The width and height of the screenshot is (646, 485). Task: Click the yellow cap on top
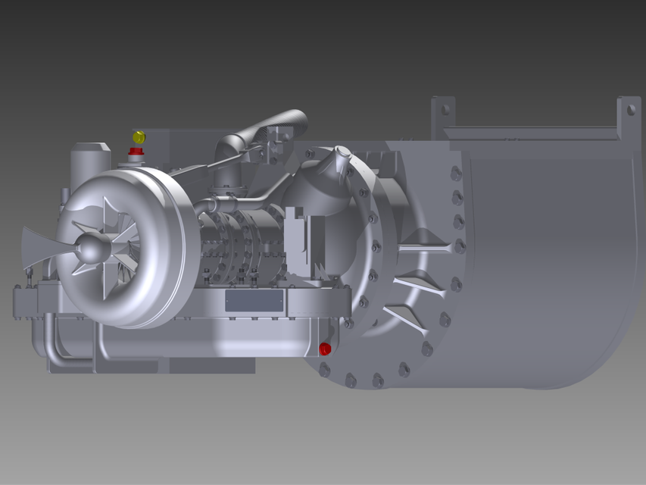[x=139, y=137]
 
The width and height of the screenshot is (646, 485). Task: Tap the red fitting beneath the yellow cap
[x=137, y=152]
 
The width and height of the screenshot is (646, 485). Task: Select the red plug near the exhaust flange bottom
[x=325, y=349]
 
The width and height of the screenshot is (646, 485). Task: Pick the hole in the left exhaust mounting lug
[x=445, y=110]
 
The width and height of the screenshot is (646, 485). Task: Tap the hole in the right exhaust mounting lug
[x=630, y=110]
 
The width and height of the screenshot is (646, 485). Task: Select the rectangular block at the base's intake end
[x=27, y=303]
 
